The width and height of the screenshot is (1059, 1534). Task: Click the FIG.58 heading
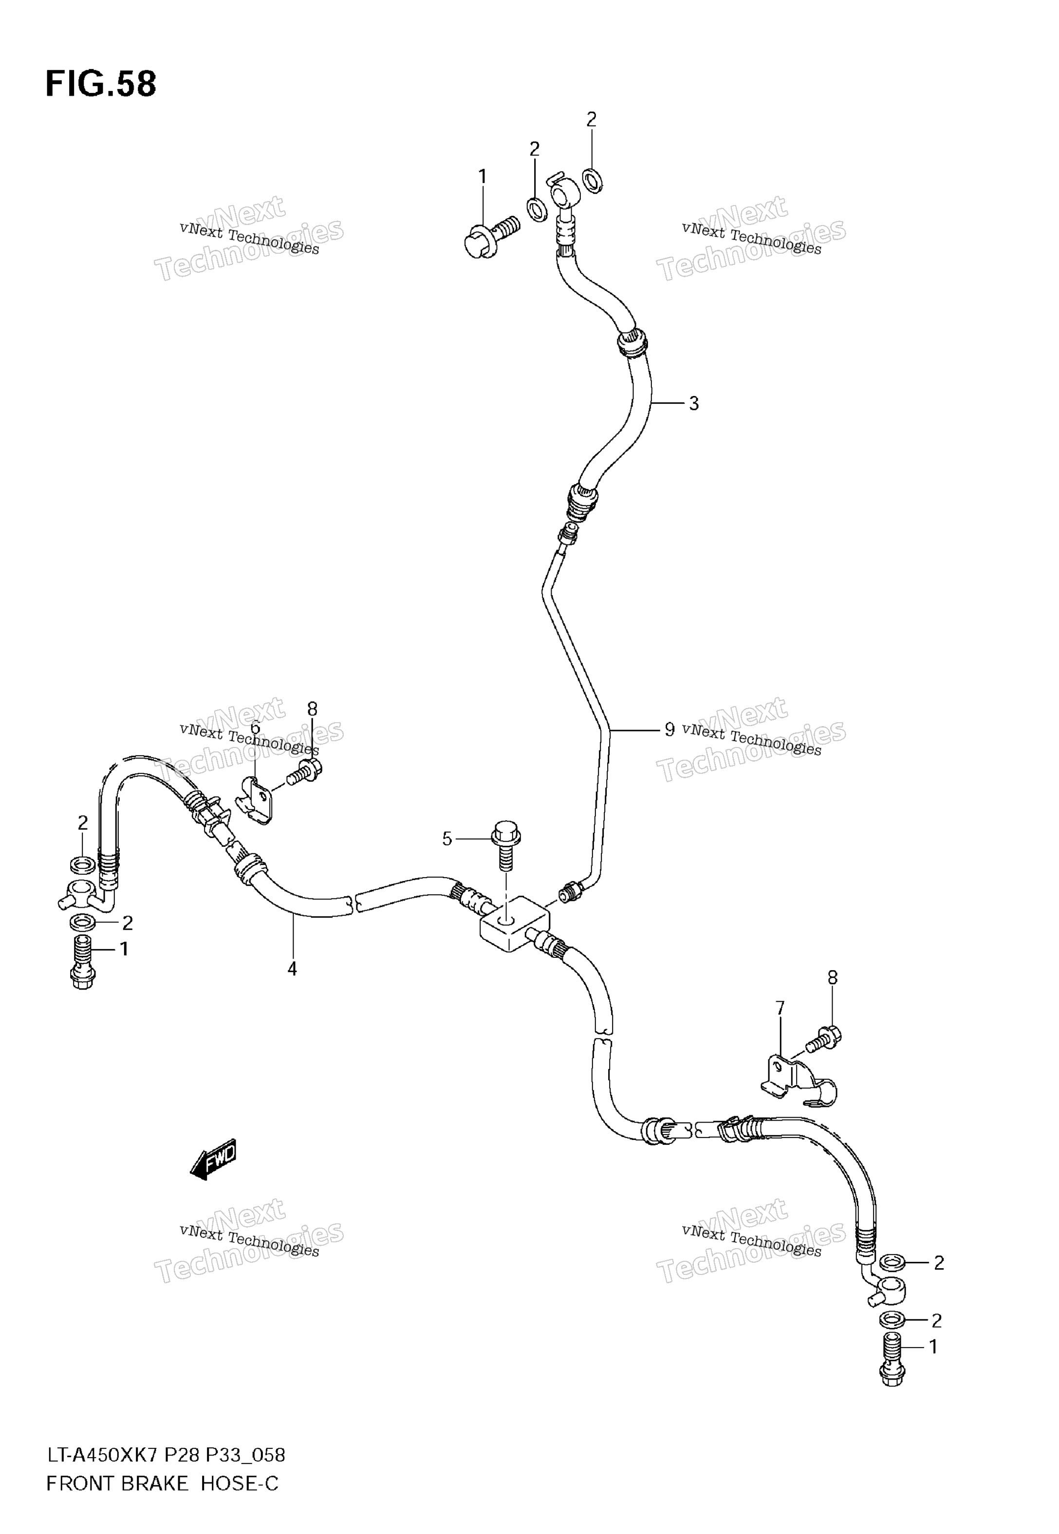point(101,84)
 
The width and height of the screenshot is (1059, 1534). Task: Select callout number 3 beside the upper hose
point(693,403)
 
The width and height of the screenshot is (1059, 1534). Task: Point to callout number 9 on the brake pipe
point(669,730)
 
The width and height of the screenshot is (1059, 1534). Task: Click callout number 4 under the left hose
point(292,970)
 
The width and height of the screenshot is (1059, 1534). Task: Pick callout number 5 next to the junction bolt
point(448,840)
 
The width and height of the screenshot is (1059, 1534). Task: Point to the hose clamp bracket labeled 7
point(797,1084)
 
